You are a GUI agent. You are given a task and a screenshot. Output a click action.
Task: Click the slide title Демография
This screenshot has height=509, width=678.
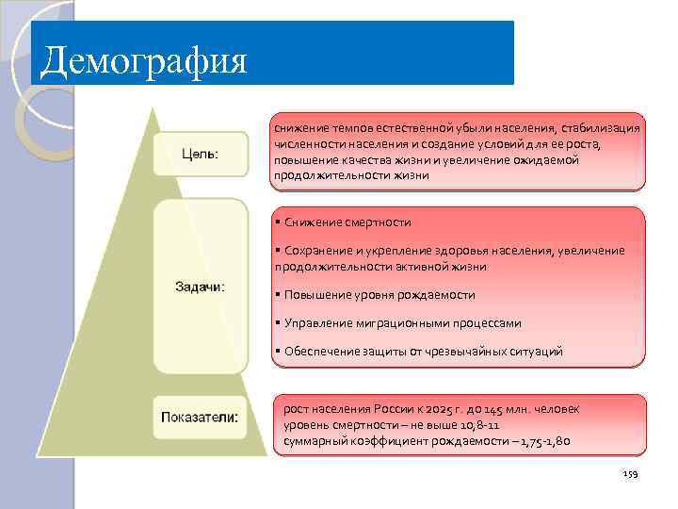(143, 61)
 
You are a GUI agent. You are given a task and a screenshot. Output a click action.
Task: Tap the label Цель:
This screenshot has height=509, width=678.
(199, 153)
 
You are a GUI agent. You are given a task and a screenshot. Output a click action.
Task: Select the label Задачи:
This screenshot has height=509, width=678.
(199, 287)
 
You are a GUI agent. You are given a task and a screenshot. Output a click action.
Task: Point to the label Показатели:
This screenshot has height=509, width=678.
(199, 417)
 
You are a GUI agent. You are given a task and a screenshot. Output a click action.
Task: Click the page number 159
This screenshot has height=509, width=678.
(630, 474)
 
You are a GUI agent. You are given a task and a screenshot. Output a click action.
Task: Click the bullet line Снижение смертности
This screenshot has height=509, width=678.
(347, 222)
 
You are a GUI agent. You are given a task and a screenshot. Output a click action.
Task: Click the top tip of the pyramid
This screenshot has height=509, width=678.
(150, 108)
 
